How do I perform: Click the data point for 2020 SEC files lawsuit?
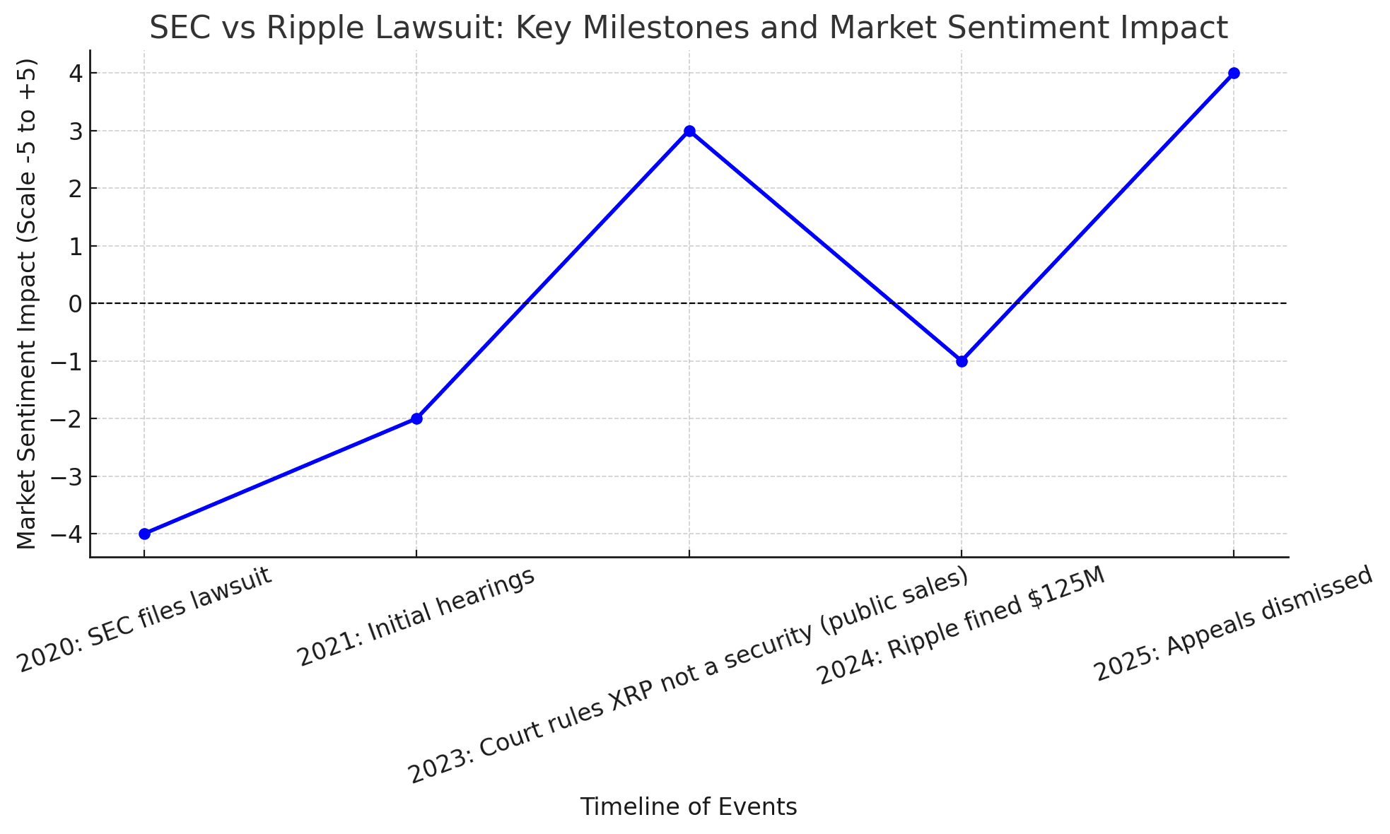click(x=144, y=534)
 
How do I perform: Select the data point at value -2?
click(x=416, y=418)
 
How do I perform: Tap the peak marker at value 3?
click(x=689, y=131)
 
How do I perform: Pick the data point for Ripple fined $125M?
click(x=962, y=361)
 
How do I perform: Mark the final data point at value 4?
click(x=1234, y=73)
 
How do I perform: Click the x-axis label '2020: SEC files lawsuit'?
click(x=145, y=620)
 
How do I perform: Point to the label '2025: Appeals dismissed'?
click(x=1234, y=624)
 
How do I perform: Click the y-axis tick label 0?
click(x=75, y=304)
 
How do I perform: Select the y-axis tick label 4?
click(x=75, y=74)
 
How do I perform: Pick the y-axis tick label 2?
click(x=75, y=189)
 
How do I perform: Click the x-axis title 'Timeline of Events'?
click(x=688, y=806)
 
